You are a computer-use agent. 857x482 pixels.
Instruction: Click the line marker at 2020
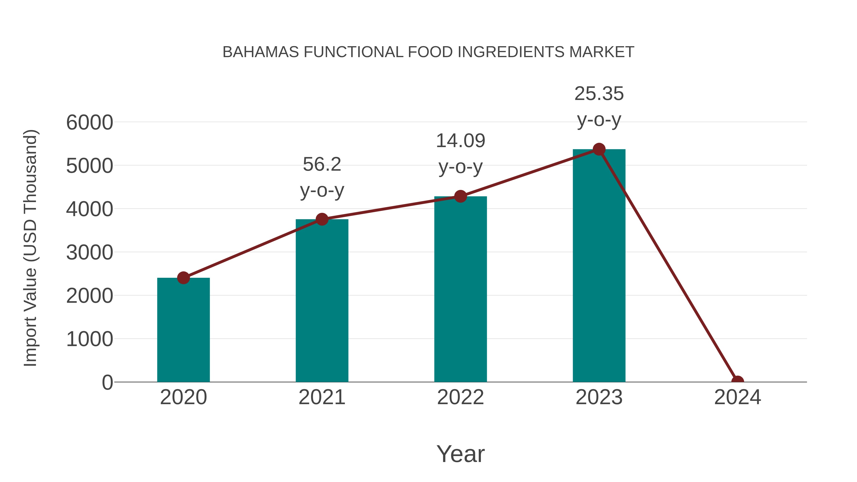[x=183, y=278]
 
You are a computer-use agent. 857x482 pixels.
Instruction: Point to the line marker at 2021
[x=322, y=219]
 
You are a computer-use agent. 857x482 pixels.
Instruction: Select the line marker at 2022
[x=460, y=196]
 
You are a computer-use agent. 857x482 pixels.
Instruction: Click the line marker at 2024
[x=737, y=381]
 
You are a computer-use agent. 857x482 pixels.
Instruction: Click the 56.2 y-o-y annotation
[x=322, y=177]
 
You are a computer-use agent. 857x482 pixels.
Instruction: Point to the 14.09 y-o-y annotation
[x=460, y=154]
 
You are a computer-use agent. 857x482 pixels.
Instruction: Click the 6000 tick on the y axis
[x=90, y=122]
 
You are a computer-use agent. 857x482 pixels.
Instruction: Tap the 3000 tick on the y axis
[x=90, y=253]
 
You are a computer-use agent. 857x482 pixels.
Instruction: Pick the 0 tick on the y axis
[x=107, y=382]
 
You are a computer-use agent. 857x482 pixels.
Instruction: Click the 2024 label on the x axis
[x=737, y=397]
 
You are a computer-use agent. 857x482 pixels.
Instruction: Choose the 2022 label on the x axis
[x=460, y=397]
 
